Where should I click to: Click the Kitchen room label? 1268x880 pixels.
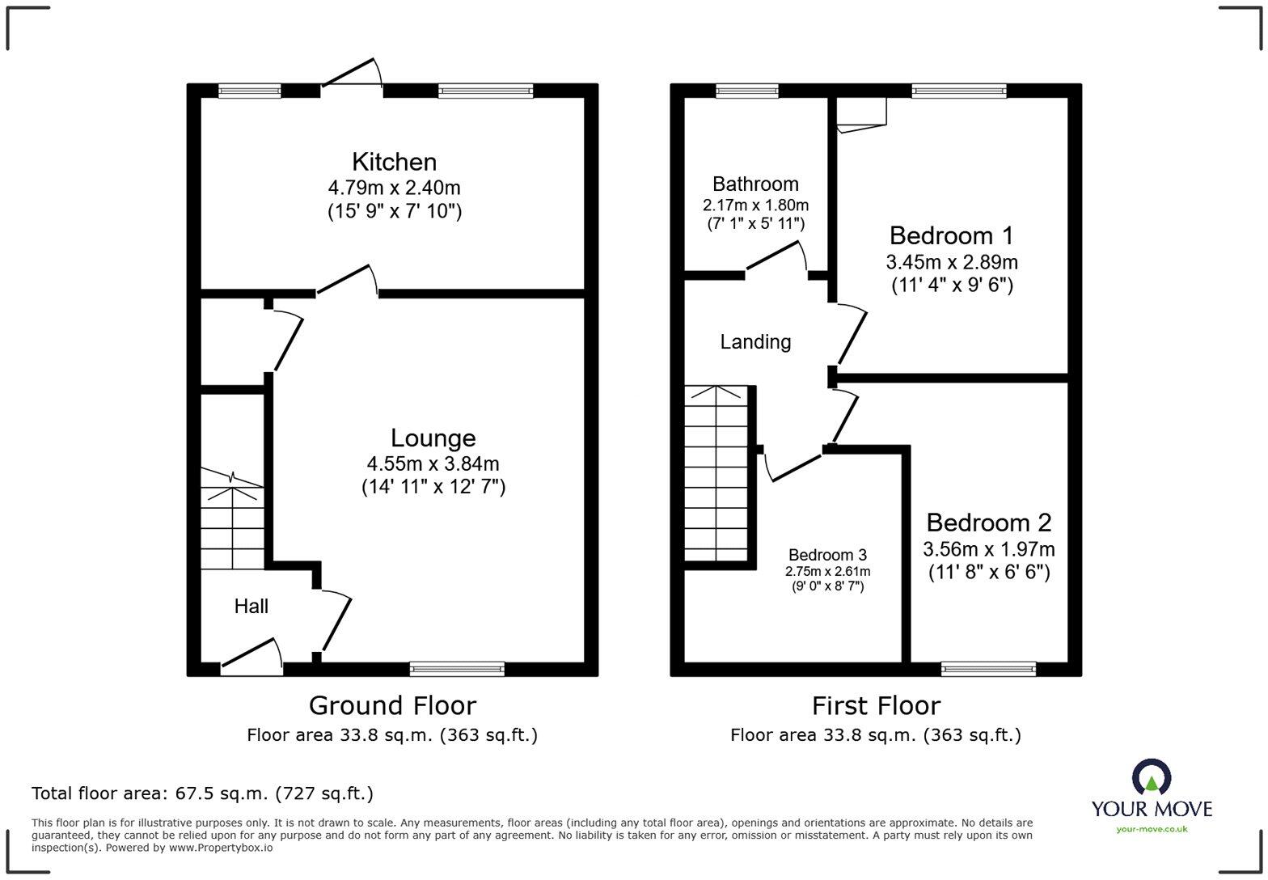[x=394, y=161]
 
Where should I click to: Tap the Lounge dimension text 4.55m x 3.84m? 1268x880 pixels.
[x=433, y=463]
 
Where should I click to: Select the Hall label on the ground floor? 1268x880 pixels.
[x=251, y=606]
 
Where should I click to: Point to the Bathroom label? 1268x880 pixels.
[x=755, y=184]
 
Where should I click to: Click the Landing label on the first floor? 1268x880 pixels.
[x=755, y=341]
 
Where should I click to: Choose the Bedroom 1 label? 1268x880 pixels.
[x=951, y=235]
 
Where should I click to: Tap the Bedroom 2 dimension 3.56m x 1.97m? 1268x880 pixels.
[x=988, y=549]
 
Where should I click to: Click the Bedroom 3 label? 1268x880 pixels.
[x=827, y=555]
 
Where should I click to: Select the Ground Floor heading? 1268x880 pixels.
[x=392, y=705]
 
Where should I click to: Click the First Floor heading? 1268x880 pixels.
[x=876, y=705]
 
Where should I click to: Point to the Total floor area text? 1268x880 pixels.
[x=202, y=793]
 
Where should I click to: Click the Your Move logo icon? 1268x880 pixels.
[x=1151, y=777]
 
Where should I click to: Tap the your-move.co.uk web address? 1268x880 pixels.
[x=1152, y=828]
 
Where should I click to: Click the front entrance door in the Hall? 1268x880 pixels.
[x=251, y=657]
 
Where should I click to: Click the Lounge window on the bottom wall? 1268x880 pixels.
[x=457, y=669]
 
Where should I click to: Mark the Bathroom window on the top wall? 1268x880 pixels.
[x=747, y=91]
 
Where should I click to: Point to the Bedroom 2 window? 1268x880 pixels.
[x=988, y=669]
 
